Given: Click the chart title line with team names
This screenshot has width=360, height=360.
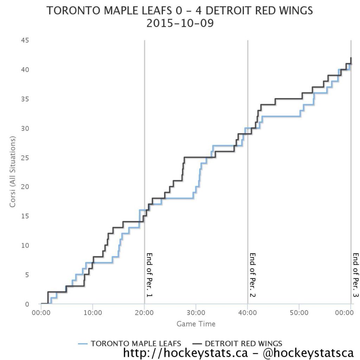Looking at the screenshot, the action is [180, 11].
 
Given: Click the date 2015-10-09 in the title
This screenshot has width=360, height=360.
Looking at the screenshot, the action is [180, 23].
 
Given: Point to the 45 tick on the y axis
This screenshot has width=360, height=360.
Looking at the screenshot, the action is [25, 40].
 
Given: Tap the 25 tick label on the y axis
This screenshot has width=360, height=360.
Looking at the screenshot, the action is [25, 158].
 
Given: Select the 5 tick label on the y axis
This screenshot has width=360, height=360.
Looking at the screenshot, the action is [27, 275].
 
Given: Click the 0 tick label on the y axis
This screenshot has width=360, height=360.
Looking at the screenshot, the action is [27, 304].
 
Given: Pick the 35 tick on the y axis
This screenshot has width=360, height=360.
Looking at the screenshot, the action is [25, 99].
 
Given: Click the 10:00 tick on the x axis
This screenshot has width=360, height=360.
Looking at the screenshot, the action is [92, 313].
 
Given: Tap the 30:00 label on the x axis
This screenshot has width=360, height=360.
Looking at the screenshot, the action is [196, 313].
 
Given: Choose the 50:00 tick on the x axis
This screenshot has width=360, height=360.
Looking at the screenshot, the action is [299, 313].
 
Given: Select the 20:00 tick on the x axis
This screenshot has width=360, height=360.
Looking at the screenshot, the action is [144, 313].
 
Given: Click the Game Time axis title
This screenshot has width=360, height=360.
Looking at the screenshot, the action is [196, 324].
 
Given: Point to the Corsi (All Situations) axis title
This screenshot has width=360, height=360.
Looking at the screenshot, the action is [12, 172].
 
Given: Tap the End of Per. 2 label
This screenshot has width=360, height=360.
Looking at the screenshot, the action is [252, 275].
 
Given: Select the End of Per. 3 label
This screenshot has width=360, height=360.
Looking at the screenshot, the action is [356, 275].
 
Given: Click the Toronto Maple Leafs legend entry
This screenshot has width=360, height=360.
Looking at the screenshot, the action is [130, 343].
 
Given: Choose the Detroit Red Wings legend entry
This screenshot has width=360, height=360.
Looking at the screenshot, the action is [237, 343].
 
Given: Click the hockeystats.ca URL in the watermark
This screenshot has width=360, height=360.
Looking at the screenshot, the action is [186, 353].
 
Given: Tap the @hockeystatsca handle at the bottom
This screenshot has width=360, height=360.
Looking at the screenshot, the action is [308, 353].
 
